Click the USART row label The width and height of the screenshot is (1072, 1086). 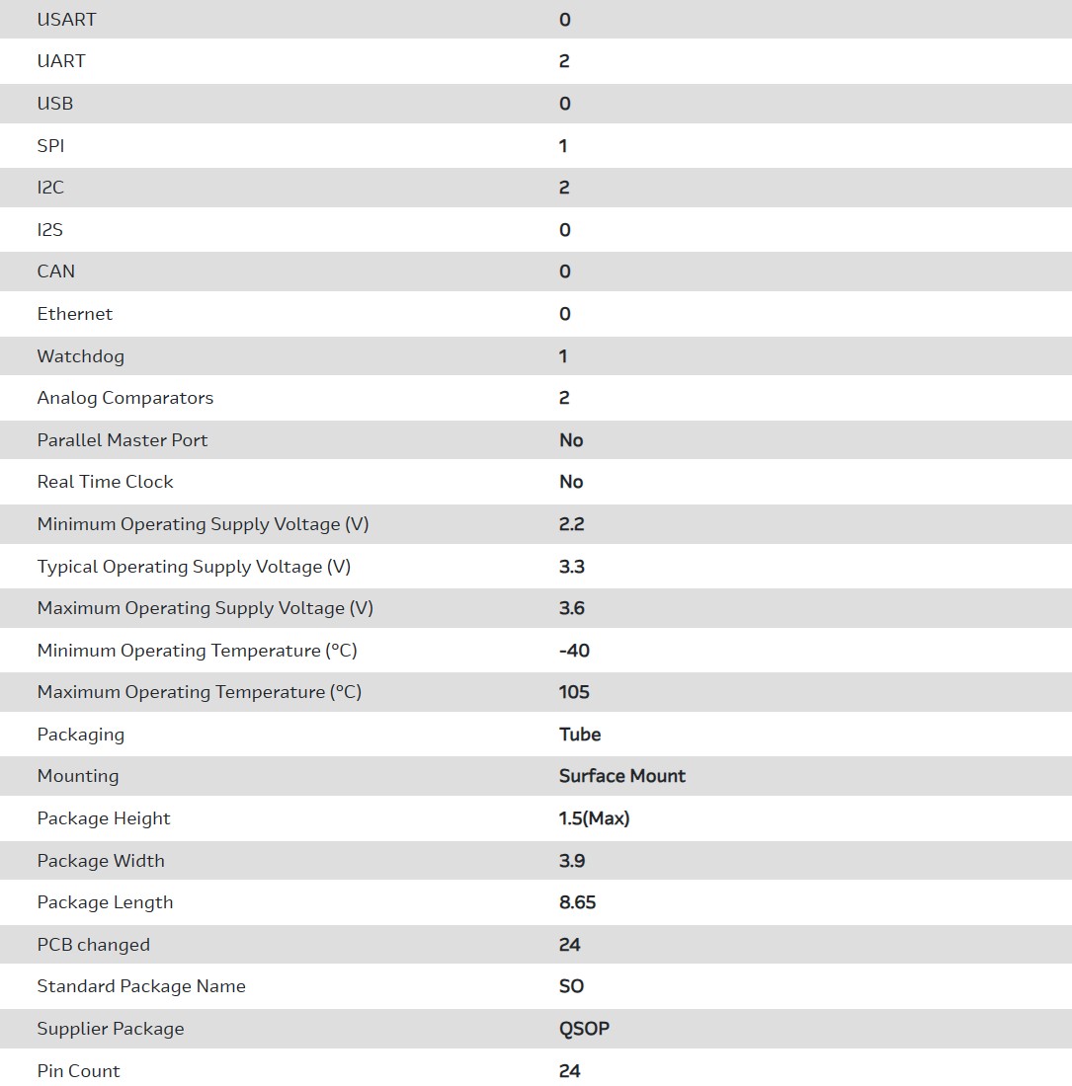66,20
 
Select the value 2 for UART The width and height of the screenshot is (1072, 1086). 564,61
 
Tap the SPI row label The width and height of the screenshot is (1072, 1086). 50,146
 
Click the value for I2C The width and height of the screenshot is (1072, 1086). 564,188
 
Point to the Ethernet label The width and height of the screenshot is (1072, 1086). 75,314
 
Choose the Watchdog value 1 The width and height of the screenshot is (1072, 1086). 563,356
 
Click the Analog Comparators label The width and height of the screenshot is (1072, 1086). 125,398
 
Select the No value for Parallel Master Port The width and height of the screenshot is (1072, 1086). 571,440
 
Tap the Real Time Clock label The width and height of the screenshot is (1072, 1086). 106,482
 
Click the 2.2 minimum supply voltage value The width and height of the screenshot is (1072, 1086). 572,524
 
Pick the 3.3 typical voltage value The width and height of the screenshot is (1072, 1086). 572,567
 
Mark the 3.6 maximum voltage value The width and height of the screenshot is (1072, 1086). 572,608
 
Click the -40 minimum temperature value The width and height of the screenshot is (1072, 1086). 574,651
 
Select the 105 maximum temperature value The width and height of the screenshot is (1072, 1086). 574,692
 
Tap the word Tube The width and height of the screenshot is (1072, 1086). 580,735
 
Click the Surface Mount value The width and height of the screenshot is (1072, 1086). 622,776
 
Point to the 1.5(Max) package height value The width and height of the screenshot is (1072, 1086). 594,818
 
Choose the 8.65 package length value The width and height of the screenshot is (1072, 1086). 578,902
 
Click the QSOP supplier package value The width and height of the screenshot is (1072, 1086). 584,1029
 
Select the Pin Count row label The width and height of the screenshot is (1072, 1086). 79,1071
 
